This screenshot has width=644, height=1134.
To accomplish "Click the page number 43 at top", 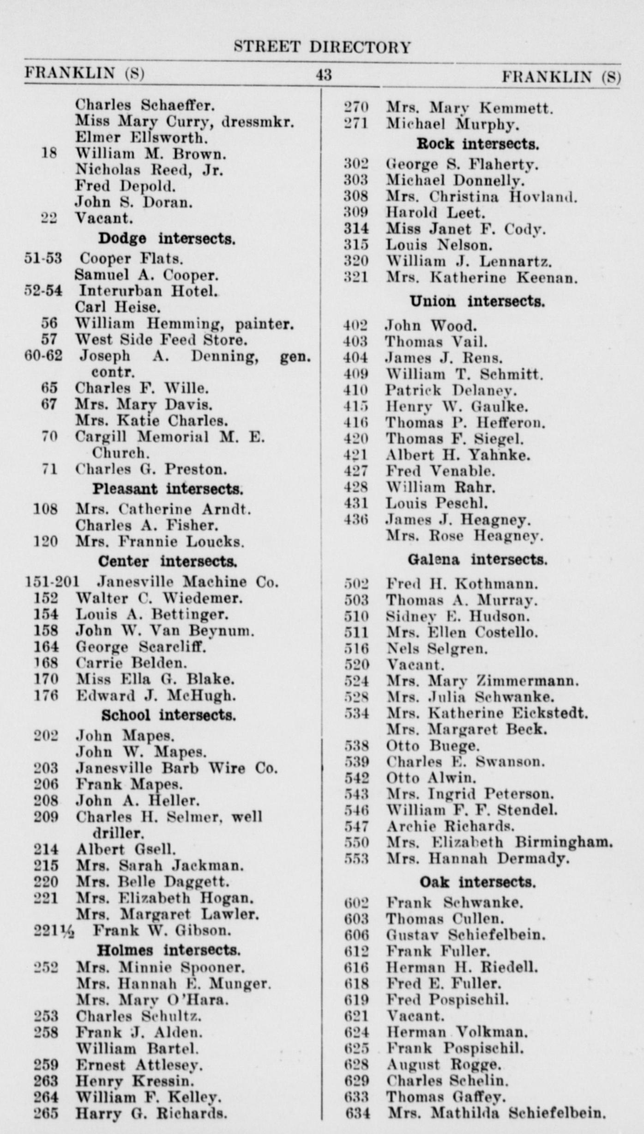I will [x=323, y=75].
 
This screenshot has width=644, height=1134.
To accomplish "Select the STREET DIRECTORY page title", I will [x=322, y=47].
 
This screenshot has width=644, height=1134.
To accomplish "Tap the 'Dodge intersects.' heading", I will [x=167, y=239].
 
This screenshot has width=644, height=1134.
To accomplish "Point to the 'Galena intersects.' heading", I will [x=477, y=560].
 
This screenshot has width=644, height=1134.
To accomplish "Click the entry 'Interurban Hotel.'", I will [x=148, y=291].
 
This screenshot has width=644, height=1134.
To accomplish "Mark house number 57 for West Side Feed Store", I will [x=49, y=340].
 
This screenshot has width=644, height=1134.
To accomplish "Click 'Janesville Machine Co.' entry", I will [x=188, y=582].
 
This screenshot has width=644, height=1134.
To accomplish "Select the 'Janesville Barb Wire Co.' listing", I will [x=176, y=768].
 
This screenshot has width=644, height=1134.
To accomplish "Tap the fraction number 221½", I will [x=54, y=931].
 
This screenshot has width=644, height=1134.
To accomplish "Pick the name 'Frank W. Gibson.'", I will [x=162, y=930].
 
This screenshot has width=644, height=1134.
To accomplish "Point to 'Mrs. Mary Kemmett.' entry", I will [x=469, y=109].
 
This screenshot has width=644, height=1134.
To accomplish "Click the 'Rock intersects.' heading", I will [x=477, y=144].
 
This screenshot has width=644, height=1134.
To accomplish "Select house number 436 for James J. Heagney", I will [x=356, y=520].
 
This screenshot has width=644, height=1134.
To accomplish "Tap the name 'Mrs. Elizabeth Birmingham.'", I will [x=499, y=842].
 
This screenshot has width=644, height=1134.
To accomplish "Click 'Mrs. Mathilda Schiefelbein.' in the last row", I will [x=496, y=1113].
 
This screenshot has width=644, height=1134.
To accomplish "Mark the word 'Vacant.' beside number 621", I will [x=415, y=1016].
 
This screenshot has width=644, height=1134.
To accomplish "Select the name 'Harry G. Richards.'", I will [x=151, y=1113].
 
